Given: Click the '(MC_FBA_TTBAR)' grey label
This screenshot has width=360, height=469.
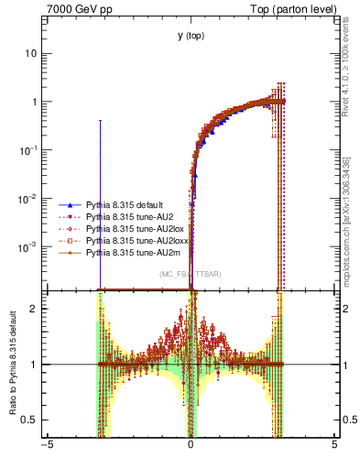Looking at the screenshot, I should tap(190, 274).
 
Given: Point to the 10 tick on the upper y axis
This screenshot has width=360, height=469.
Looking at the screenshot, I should tap(33, 53).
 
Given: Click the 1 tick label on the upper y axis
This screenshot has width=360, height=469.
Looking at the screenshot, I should tap(36, 102).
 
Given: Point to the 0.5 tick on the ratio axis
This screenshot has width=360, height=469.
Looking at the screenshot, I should tap(32, 420).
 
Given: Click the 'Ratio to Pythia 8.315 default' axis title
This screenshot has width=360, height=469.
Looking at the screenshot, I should tap(12, 370).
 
